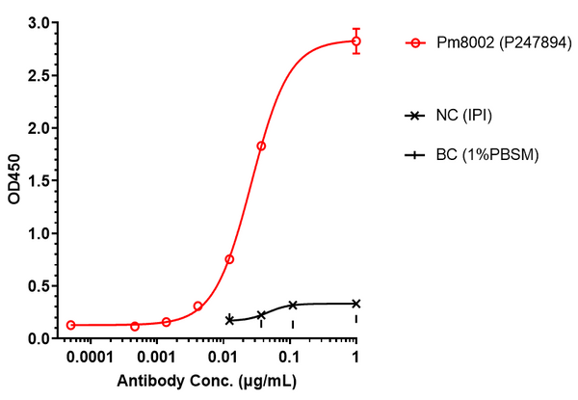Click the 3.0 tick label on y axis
39,22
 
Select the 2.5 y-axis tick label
39,75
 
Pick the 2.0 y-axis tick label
39,128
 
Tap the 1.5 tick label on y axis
39,180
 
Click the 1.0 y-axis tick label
39,233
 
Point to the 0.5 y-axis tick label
39,286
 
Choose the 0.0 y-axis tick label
39,338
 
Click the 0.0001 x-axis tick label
90,357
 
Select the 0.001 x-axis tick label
156,357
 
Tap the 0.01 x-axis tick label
223,357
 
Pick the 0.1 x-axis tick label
290,357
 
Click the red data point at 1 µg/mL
355,41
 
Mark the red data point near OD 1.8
261,147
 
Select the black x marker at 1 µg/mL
355,304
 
